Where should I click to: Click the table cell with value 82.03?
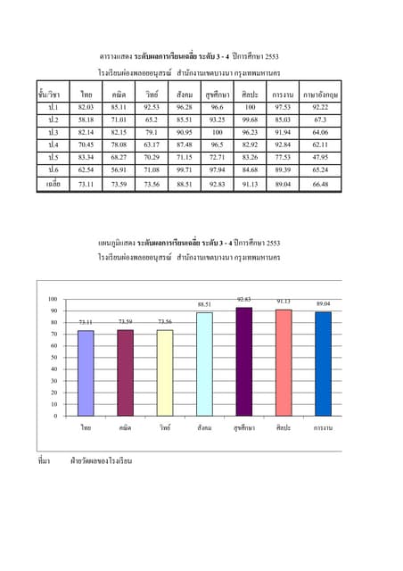click(x=86, y=106)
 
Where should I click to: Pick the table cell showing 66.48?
click(x=320, y=184)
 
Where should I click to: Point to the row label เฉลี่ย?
click(x=53, y=184)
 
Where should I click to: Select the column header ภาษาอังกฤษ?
click(x=320, y=93)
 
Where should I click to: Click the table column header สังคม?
click(x=185, y=93)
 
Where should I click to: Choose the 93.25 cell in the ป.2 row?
click(x=217, y=119)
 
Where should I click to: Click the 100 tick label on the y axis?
click(x=53, y=299)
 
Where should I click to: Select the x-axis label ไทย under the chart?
click(x=86, y=428)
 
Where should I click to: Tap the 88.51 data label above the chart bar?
click(x=204, y=304)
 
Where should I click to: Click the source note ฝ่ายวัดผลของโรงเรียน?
click(x=101, y=461)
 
